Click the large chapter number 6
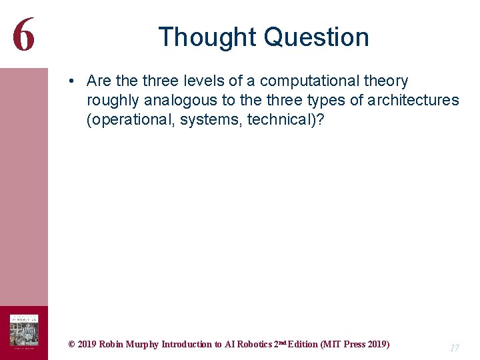point(23,34)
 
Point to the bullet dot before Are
point(70,81)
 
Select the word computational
point(311,81)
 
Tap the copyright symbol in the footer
point(71,345)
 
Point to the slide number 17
point(455,348)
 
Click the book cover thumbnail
point(23,332)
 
